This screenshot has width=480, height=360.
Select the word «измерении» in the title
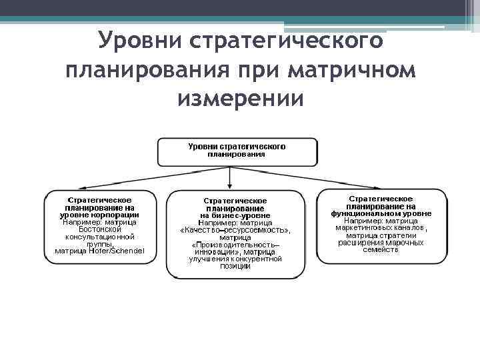tap(241, 99)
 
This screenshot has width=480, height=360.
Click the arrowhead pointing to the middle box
tap(229, 185)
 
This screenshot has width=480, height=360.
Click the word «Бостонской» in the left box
tap(100, 229)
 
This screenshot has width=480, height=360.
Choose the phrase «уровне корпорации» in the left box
tap(100, 215)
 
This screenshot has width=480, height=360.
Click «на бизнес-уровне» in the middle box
tap(235, 215)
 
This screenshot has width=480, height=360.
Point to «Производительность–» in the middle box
tap(235, 245)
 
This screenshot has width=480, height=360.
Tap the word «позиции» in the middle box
tap(235, 267)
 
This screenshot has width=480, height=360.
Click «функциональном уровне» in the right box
tap(381, 213)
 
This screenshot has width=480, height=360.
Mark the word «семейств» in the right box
tap(381, 250)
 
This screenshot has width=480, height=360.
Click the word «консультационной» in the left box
tap(100, 237)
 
